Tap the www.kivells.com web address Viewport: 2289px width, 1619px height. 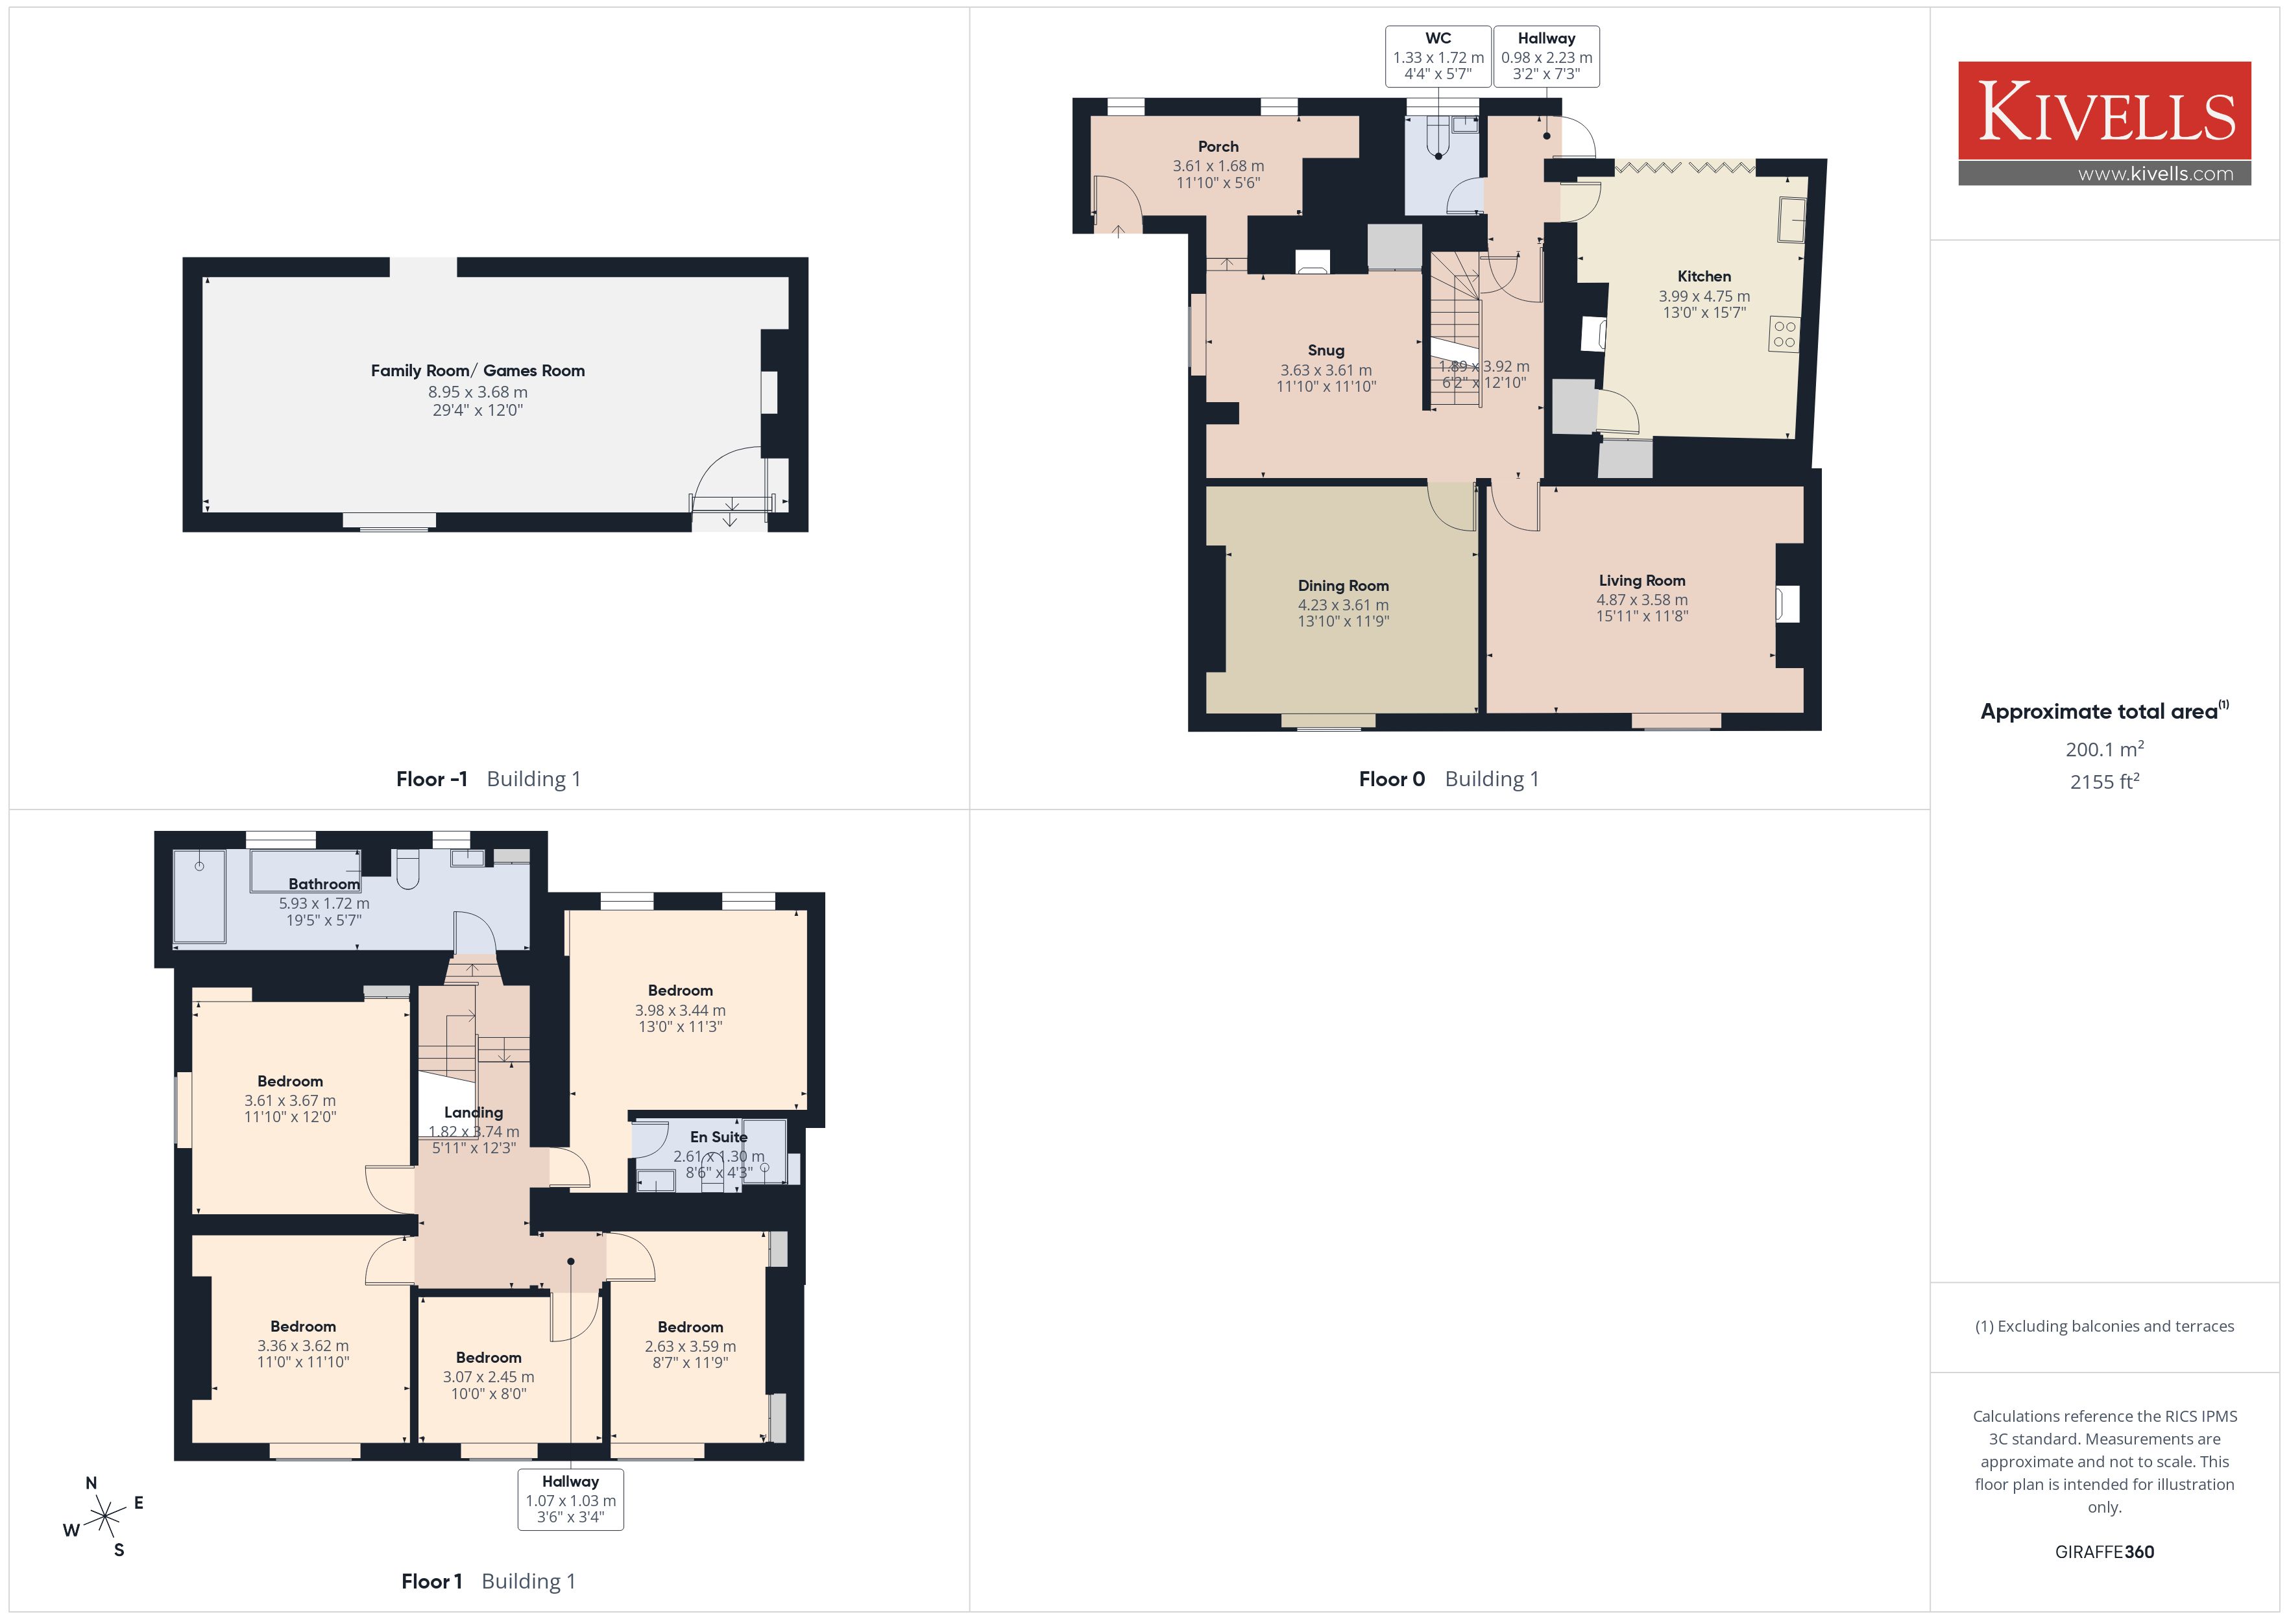(2155, 173)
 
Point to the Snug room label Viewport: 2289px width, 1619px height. (1326, 350)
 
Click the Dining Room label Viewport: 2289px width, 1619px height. (1343, 585)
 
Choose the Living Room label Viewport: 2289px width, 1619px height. (1642, 581)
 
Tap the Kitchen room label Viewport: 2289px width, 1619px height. (1704, 276)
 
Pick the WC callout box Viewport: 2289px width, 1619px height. (1438, 56)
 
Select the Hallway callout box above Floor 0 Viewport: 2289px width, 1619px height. (1546, 56)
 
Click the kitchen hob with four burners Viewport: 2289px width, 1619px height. (1784, 334)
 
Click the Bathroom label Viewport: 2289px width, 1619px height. (324, 884)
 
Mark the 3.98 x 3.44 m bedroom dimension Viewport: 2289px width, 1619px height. (680, 1010)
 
